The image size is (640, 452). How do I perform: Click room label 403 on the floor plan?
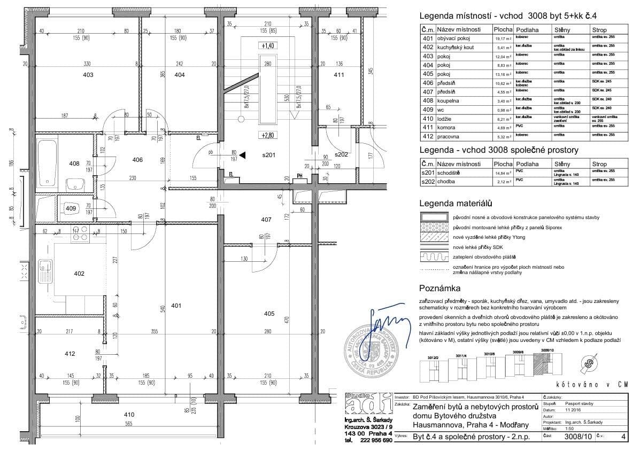[87, 75]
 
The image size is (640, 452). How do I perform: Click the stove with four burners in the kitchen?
[80, 235]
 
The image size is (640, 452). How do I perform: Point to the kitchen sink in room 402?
[47, 267]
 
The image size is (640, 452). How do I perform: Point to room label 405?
[269, 313]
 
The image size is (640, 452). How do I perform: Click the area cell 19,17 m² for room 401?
[502, 38]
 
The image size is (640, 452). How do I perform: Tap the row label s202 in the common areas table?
[427, 182]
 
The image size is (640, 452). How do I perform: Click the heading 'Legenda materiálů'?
[455, 204]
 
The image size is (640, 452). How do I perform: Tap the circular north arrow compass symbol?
[590, 364]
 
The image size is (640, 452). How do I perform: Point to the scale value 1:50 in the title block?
[570, 428]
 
